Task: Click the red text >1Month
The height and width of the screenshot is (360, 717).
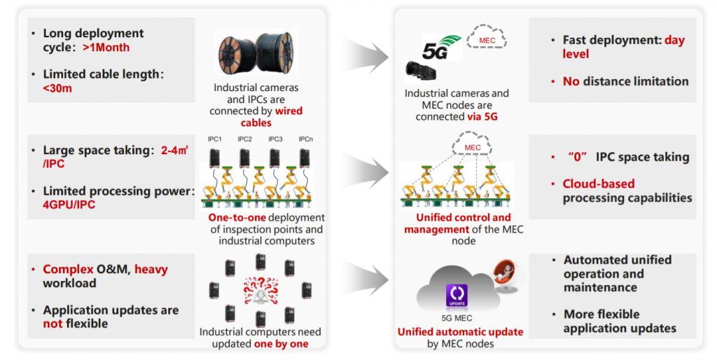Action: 106,48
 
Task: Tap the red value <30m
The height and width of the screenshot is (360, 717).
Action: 57,88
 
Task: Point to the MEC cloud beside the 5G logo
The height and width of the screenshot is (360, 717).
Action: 488,40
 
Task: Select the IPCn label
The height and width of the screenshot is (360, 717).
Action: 305,139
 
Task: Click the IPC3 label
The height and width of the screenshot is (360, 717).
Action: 275,139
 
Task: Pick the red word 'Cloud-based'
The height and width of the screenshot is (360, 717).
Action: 599,184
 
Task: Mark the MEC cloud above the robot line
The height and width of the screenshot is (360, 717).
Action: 473,147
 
